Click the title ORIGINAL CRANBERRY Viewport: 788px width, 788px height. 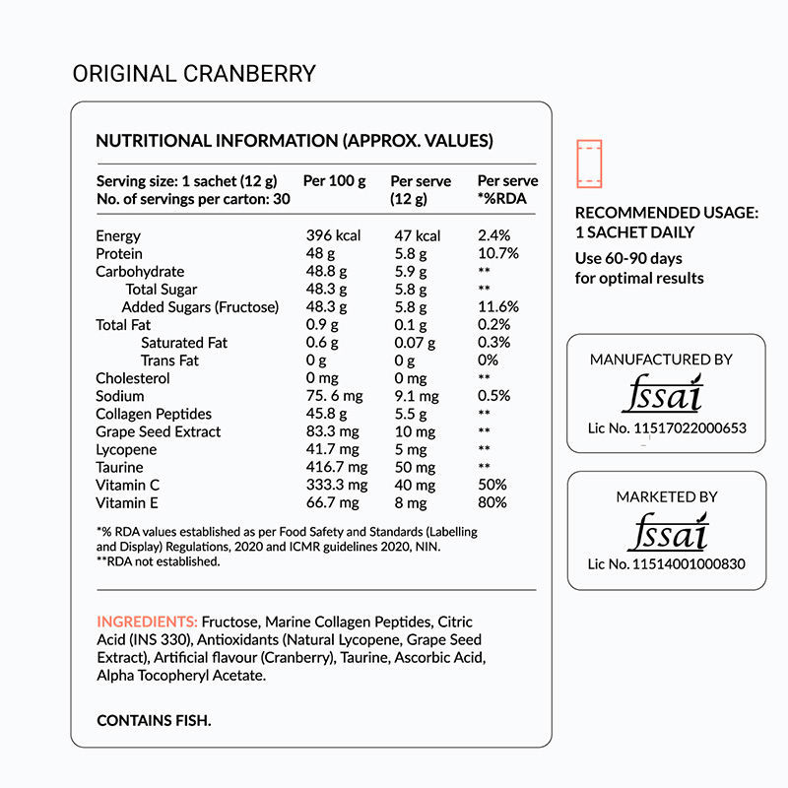[x=194, y=74]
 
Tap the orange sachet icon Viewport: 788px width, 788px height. [x=590, y=164]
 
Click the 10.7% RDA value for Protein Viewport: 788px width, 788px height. [x=497, y=253]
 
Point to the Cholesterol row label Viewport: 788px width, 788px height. [x=133, y=378]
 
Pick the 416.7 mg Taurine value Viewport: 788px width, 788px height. [x=336, y=467]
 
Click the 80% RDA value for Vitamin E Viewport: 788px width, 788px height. [x=492, y=502]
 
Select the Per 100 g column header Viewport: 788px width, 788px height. [x=334, y=181]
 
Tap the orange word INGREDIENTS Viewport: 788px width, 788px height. [x=147, y=623]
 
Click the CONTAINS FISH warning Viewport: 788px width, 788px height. [x=154, y=721]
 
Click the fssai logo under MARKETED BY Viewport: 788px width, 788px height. [x=666, y=533]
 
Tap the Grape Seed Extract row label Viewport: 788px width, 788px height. [x=159, y=431]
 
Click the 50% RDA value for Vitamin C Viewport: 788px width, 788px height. [x=492, y=485]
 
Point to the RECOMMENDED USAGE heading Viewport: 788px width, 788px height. [x=667, y=212]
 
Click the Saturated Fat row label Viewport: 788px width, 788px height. [x=184, y=343]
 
